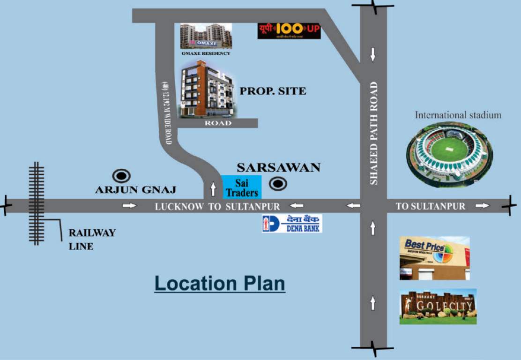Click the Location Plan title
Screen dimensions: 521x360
coord(220,284)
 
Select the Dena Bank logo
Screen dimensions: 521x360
coord(291,224)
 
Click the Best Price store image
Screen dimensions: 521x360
coord(434,258)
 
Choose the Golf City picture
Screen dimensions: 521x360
coord(438,307)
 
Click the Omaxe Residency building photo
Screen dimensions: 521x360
coord(206,36)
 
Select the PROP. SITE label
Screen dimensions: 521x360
coord(273,91)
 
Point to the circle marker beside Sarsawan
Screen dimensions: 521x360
coord(278,184)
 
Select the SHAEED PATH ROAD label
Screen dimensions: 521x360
coord(373,133)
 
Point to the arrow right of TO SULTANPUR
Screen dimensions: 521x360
coord(482,206)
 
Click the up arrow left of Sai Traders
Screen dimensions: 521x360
coord(214,189)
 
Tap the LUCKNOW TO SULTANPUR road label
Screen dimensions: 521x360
coord(217,206)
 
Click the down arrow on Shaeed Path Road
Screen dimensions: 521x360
coord(373,54)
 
